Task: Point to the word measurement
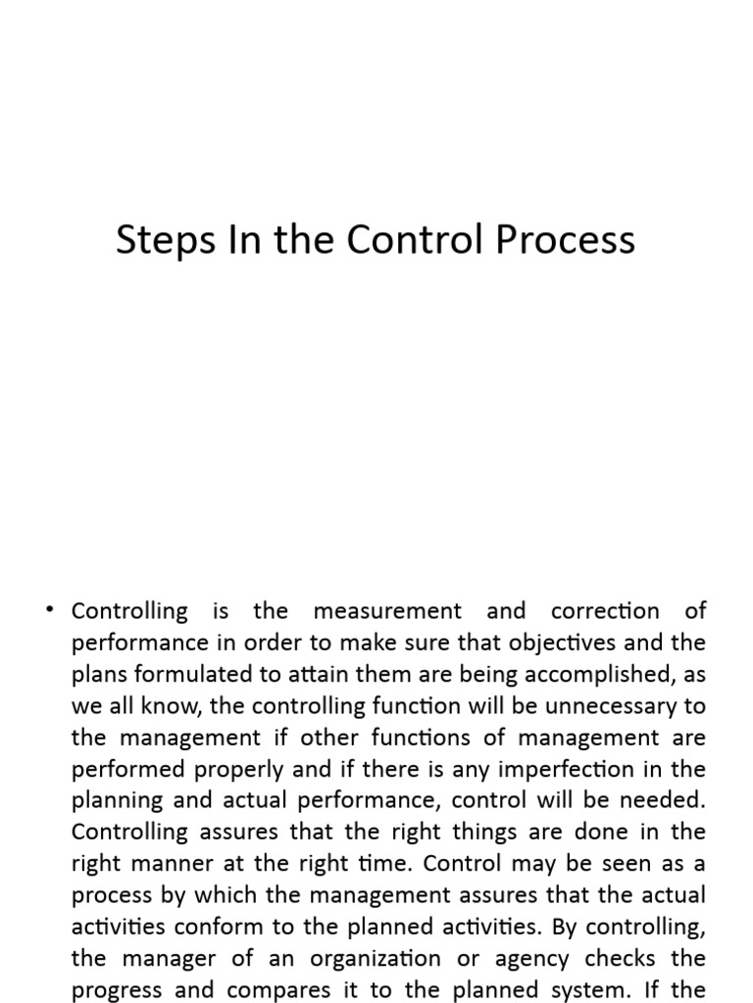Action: pyautogui.click(x=387, y=611)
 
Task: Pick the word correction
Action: pyautogui.click(x=605, y=611)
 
